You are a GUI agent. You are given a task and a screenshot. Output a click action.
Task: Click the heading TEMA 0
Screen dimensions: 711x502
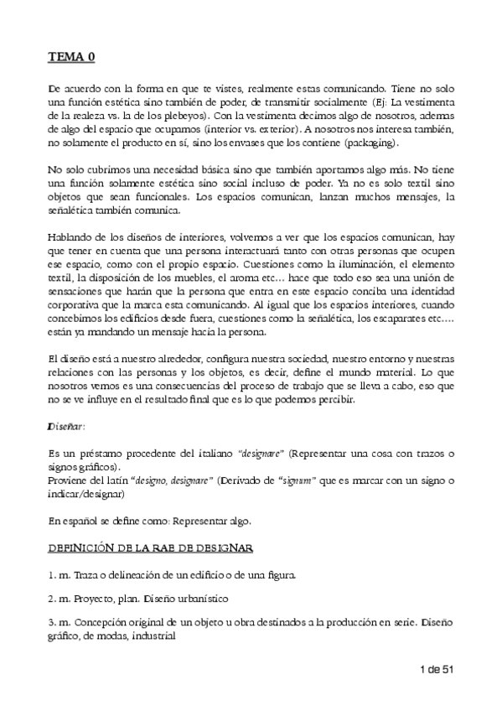coord(71,57)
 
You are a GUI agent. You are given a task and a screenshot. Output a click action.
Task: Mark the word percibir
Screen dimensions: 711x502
coord(335,400)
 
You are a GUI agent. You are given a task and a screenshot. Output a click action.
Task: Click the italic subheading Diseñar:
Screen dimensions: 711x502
coord(65,427)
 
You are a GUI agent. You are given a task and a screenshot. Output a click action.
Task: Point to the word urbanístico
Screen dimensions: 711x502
coord(199,601)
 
